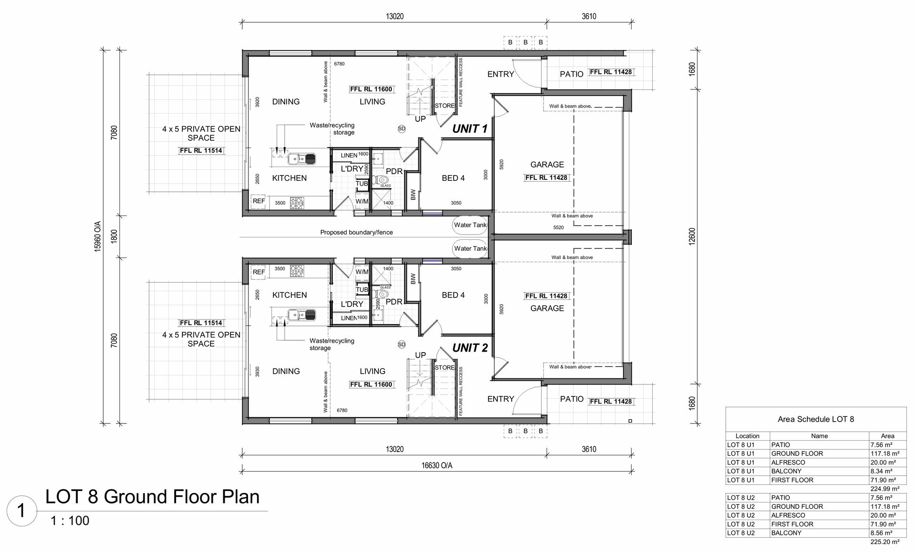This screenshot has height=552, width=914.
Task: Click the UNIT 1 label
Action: click(470, 128)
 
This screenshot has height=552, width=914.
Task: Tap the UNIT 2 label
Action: click(470, 348)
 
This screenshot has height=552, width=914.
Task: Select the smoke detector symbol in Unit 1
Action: click(401, 128)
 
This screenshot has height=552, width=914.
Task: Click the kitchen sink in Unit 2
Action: click(301, 315)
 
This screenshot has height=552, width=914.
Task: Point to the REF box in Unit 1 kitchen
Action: click(258, 201)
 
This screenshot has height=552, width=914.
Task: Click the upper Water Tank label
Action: click(470, 225)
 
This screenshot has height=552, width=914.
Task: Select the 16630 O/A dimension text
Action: click(437, 465)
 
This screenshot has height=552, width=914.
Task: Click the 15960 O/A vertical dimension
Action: click(98, 236)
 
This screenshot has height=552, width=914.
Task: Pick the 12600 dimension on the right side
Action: click(692, 236)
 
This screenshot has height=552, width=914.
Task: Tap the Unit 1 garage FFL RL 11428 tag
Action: click(546, 177)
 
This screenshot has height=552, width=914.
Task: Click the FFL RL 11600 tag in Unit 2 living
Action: click(371, 384)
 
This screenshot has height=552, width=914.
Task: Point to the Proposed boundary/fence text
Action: click(357, 233)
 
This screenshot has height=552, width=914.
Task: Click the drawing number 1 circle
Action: click(21, 511)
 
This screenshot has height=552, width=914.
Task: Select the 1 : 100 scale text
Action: click(70, 521)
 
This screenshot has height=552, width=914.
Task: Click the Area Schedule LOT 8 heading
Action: click(816, 419)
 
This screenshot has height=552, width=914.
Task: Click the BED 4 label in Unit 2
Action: click(453, 295)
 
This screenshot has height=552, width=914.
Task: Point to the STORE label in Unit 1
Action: click(445, 106)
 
